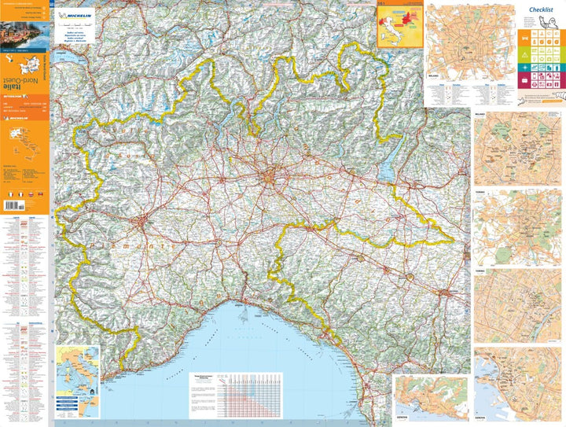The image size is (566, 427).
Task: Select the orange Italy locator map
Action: [x=398, y=28]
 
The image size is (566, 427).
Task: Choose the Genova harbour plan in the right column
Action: [x=517, y=385]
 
